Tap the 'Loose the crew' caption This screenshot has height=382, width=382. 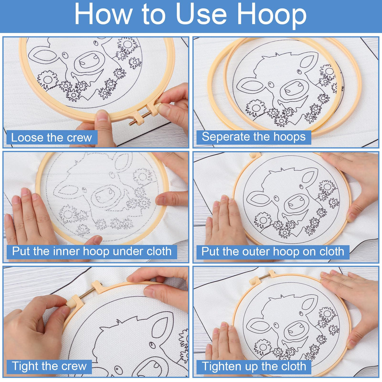(x=52, y=138)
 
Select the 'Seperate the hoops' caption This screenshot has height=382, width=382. (x=254, y=137)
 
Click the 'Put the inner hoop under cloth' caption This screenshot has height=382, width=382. (x=92, y=251)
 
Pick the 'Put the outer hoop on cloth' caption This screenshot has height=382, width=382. (x=272, y=252)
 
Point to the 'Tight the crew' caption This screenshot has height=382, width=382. (x=49, y=366)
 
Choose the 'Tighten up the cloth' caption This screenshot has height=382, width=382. (x=254, y=367)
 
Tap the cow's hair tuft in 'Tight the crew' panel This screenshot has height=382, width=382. (x=119, y=323)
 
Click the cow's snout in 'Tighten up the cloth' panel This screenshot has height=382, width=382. (x=296, y=329)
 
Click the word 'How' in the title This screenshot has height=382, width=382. (x=103, y=14)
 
